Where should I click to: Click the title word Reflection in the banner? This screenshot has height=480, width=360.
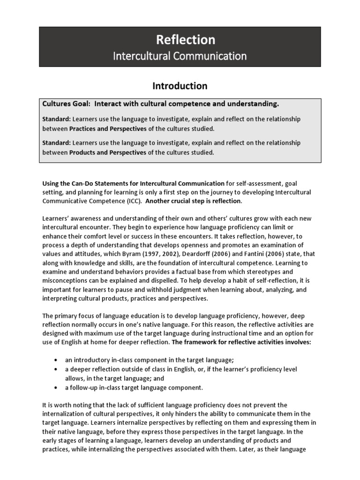click(x=180, y=39)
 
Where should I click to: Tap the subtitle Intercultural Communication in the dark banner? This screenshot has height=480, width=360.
click(x=180, y=56)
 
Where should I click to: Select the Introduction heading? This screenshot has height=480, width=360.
click(x=180, y=86)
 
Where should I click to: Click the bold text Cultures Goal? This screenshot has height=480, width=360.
click(x=64, y=103)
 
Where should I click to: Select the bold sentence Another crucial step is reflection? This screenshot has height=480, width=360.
click(x=194, y=201)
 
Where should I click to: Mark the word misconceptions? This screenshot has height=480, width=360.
click(x=66, y=280)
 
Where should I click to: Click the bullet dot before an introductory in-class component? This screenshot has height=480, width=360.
click(x=56, y=360)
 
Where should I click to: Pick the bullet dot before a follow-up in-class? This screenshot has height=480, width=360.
click(x=56, y=387)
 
